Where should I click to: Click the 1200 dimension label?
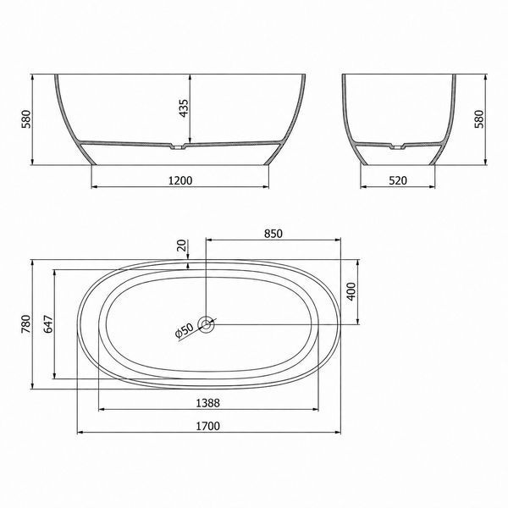tap(180, 180)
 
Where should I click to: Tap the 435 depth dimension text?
tap(184, 108)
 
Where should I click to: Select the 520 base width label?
tap(398, 180)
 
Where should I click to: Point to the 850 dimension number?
tap(273, 234)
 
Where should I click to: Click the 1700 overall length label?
tap(208, 426)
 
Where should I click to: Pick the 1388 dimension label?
tap(208, 403)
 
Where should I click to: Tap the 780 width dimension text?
tap(26, 323)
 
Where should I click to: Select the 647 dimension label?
tap(48, 323)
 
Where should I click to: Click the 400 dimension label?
tap(351, 291)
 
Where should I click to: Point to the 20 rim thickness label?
tap(182, 246)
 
